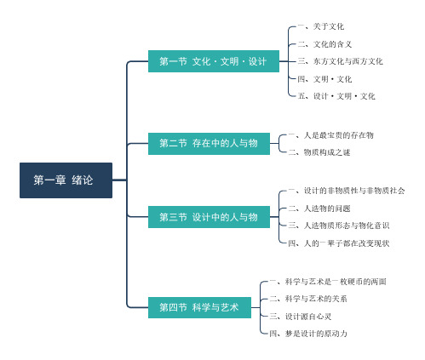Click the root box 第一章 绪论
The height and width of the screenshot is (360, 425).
66,180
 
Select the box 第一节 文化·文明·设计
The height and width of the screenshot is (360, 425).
214,61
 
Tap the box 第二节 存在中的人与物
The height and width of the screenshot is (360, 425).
209,144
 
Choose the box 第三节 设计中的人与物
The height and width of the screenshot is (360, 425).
209,217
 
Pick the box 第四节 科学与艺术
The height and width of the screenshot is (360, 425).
199,307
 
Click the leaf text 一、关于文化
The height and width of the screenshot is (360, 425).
321,26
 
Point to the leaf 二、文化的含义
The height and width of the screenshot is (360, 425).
324,44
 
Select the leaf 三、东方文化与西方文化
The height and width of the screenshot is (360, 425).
340,61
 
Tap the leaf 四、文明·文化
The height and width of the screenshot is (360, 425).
324,79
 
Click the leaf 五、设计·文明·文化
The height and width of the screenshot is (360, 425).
336,96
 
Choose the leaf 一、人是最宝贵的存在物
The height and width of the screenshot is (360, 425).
331,135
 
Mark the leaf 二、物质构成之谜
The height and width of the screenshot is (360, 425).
319,152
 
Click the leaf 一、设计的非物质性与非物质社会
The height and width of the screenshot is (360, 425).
347,191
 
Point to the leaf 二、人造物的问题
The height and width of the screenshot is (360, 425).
319,209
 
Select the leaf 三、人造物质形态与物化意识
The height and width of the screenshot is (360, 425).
339,226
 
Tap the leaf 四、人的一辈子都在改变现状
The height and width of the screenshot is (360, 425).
339,243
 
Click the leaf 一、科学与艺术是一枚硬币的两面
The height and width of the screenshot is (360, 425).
328,282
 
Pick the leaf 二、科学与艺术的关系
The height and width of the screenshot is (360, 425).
308,299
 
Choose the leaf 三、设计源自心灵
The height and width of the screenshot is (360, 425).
301,317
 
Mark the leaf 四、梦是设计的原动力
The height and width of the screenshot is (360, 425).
308,334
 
